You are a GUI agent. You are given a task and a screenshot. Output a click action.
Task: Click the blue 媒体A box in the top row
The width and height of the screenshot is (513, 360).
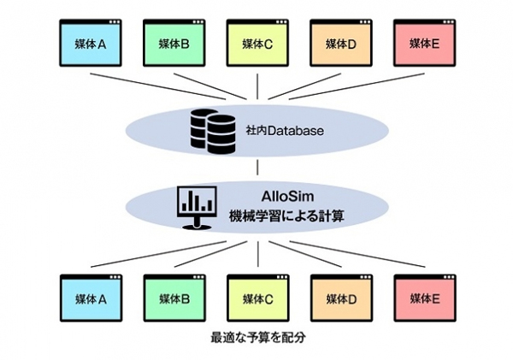[91, 43]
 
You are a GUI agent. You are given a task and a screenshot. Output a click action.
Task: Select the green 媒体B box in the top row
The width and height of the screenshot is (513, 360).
[174, 43]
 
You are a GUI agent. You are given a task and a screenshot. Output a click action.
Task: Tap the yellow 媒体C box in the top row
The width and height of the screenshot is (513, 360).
[257, 43]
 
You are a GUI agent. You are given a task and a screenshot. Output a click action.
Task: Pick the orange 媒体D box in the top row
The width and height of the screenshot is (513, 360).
[341, 43]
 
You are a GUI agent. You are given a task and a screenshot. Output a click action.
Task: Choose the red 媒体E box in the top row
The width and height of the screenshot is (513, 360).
[424, 43]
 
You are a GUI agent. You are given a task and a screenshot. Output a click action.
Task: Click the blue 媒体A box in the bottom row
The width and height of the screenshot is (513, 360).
[91, 298]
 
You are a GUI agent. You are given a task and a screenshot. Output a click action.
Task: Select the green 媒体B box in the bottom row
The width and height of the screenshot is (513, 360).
[174, 298]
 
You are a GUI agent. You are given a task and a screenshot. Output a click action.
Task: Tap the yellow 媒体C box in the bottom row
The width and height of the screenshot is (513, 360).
[258, 298]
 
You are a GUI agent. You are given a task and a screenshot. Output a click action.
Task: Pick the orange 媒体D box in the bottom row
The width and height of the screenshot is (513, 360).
[341, 298]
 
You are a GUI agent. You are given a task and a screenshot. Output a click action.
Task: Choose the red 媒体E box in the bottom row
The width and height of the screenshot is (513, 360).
[425, 298]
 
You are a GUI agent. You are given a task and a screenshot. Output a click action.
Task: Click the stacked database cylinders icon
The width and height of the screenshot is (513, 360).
[213, 132]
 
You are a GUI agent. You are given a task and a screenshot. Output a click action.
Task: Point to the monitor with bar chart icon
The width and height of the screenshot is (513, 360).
[197, 208]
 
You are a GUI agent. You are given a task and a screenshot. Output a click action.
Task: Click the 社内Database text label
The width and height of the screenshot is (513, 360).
[285, 131]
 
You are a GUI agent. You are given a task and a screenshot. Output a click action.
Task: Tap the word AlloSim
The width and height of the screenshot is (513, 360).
[287, 197]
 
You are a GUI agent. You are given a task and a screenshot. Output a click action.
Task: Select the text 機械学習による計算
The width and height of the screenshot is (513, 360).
[286, 216]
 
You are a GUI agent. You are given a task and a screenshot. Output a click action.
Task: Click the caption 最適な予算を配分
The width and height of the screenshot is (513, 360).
[258, 338]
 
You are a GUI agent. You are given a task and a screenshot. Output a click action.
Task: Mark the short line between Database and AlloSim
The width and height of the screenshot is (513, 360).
[257, 168]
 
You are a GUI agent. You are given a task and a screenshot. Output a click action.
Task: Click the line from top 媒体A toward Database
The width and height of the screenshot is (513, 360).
[158, 86]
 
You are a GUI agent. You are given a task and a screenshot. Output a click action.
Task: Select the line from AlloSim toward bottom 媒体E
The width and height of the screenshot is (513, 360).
[357, 254]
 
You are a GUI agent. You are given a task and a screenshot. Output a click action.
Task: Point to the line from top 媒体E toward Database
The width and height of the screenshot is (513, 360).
[357, 86]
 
